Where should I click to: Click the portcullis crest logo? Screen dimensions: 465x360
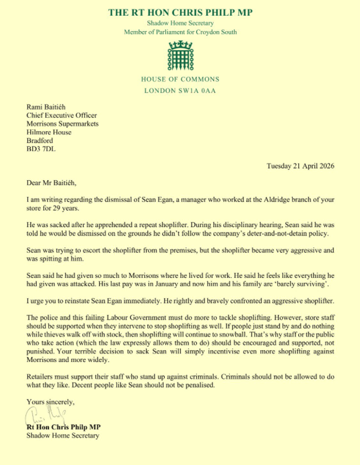(180, 56)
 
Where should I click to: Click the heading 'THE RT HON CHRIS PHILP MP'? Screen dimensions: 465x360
(180, 12)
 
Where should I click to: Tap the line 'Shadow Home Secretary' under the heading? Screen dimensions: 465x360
(180, 23)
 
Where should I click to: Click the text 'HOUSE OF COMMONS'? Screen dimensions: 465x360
(180, 79)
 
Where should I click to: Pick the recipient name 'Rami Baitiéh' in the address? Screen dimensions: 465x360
(46, 107)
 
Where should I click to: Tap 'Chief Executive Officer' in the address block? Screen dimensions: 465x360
(61, 115)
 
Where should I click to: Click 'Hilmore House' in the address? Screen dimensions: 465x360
(49, 132)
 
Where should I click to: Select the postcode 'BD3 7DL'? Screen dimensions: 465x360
(41, 149)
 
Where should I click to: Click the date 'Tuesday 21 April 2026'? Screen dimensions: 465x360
(300, 166)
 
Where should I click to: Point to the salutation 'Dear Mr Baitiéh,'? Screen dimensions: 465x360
(51, 183)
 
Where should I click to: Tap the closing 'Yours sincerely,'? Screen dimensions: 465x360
(50, 402)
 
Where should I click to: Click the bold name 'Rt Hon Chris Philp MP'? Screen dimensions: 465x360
(64, 427)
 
